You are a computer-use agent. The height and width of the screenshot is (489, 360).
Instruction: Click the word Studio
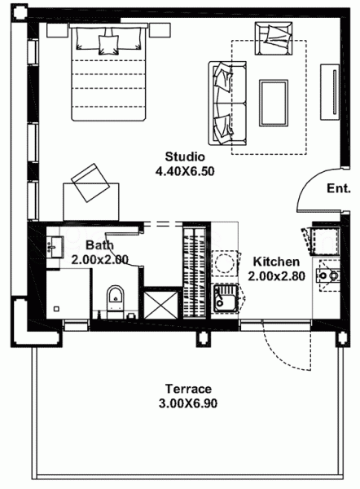(x=185, y=156)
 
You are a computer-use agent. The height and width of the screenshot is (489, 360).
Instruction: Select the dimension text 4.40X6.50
(x=185, y=171)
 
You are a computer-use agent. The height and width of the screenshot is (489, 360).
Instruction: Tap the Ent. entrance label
(x=338, y=188)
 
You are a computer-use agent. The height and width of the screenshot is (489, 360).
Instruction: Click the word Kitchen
(x=276, y=262)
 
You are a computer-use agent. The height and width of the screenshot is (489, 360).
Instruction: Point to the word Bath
(x=99, y=244)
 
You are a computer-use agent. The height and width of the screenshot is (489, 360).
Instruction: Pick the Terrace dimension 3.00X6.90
(x=188, y=403)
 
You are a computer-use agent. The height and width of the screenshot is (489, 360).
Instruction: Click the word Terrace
(x=188, y=388)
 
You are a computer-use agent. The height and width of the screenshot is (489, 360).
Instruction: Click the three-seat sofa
(x=225, y=100)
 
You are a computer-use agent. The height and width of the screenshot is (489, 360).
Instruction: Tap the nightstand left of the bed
(x=58, y=28)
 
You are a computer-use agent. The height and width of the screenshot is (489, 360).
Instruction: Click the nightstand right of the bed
(x=160, y=28)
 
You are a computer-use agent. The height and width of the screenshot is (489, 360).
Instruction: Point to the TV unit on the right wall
(x=335, y=94)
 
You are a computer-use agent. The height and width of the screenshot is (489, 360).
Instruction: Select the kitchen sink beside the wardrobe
(x=224, y=299)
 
